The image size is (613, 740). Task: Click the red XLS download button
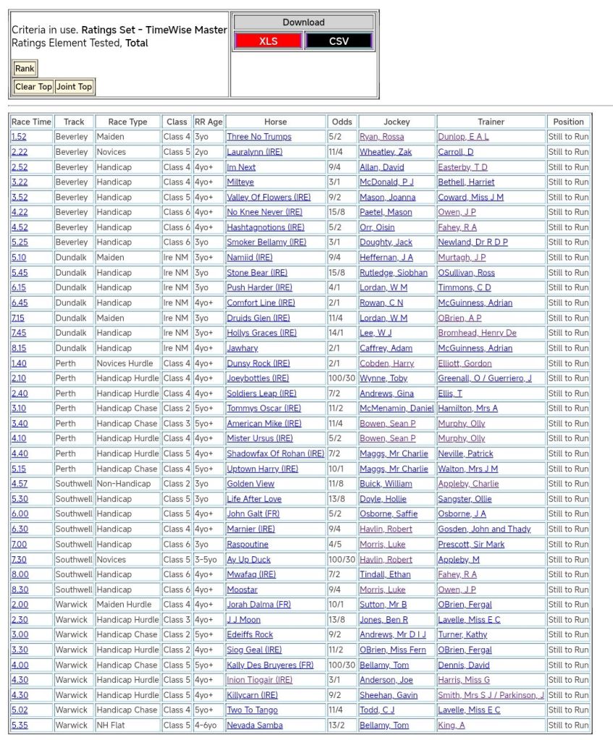(268, 41)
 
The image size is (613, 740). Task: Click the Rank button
(25, 69)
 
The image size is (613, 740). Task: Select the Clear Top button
(33, 87)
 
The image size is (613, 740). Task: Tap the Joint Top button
(75, 87)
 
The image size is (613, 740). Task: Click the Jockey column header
(397, 122)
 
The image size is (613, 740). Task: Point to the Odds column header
(342, 122)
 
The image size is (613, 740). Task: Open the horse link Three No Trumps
(259, 137)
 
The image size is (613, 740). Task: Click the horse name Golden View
(250, 484)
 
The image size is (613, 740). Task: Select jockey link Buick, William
(386, 484)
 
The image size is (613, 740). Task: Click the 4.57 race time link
(20, 484)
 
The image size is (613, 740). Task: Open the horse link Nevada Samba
(255, 725)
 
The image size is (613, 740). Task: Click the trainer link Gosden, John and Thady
(484, 529)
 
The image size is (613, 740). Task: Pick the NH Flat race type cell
(114, 725)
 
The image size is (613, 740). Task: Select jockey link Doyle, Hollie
(383, 499)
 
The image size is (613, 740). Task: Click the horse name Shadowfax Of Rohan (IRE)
(275, 454)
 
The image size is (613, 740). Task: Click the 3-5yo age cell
(208, 559)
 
